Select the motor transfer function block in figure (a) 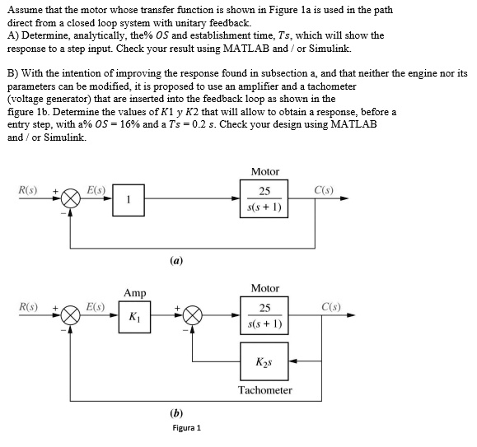coord(264,198)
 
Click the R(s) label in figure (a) coord(28,191)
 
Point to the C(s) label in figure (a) coord(325,191)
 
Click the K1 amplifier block coord(135,315)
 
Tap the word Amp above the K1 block coord(134,292)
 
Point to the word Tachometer coord(264,389)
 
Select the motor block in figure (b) coord(264,315)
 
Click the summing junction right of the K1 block coord(193,315)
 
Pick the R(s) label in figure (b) coord(28,308)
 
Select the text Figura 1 coord(186,428)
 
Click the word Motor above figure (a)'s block coord(264,171)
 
